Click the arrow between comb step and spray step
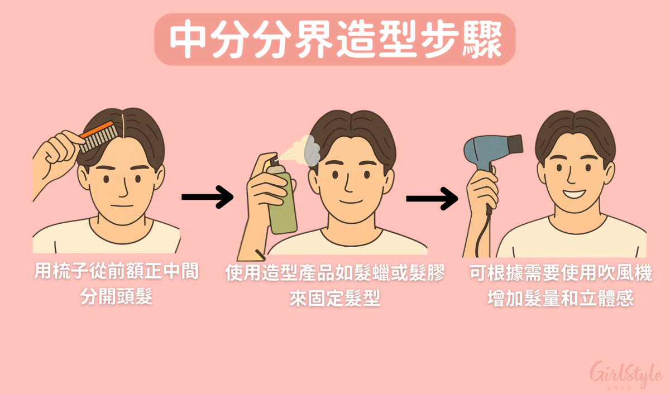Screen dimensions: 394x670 click(207, 197)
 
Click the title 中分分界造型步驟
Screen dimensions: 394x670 click(334, 40)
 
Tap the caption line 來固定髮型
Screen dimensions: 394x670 click(334, 299)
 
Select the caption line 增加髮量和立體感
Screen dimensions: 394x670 click(560, 298)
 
